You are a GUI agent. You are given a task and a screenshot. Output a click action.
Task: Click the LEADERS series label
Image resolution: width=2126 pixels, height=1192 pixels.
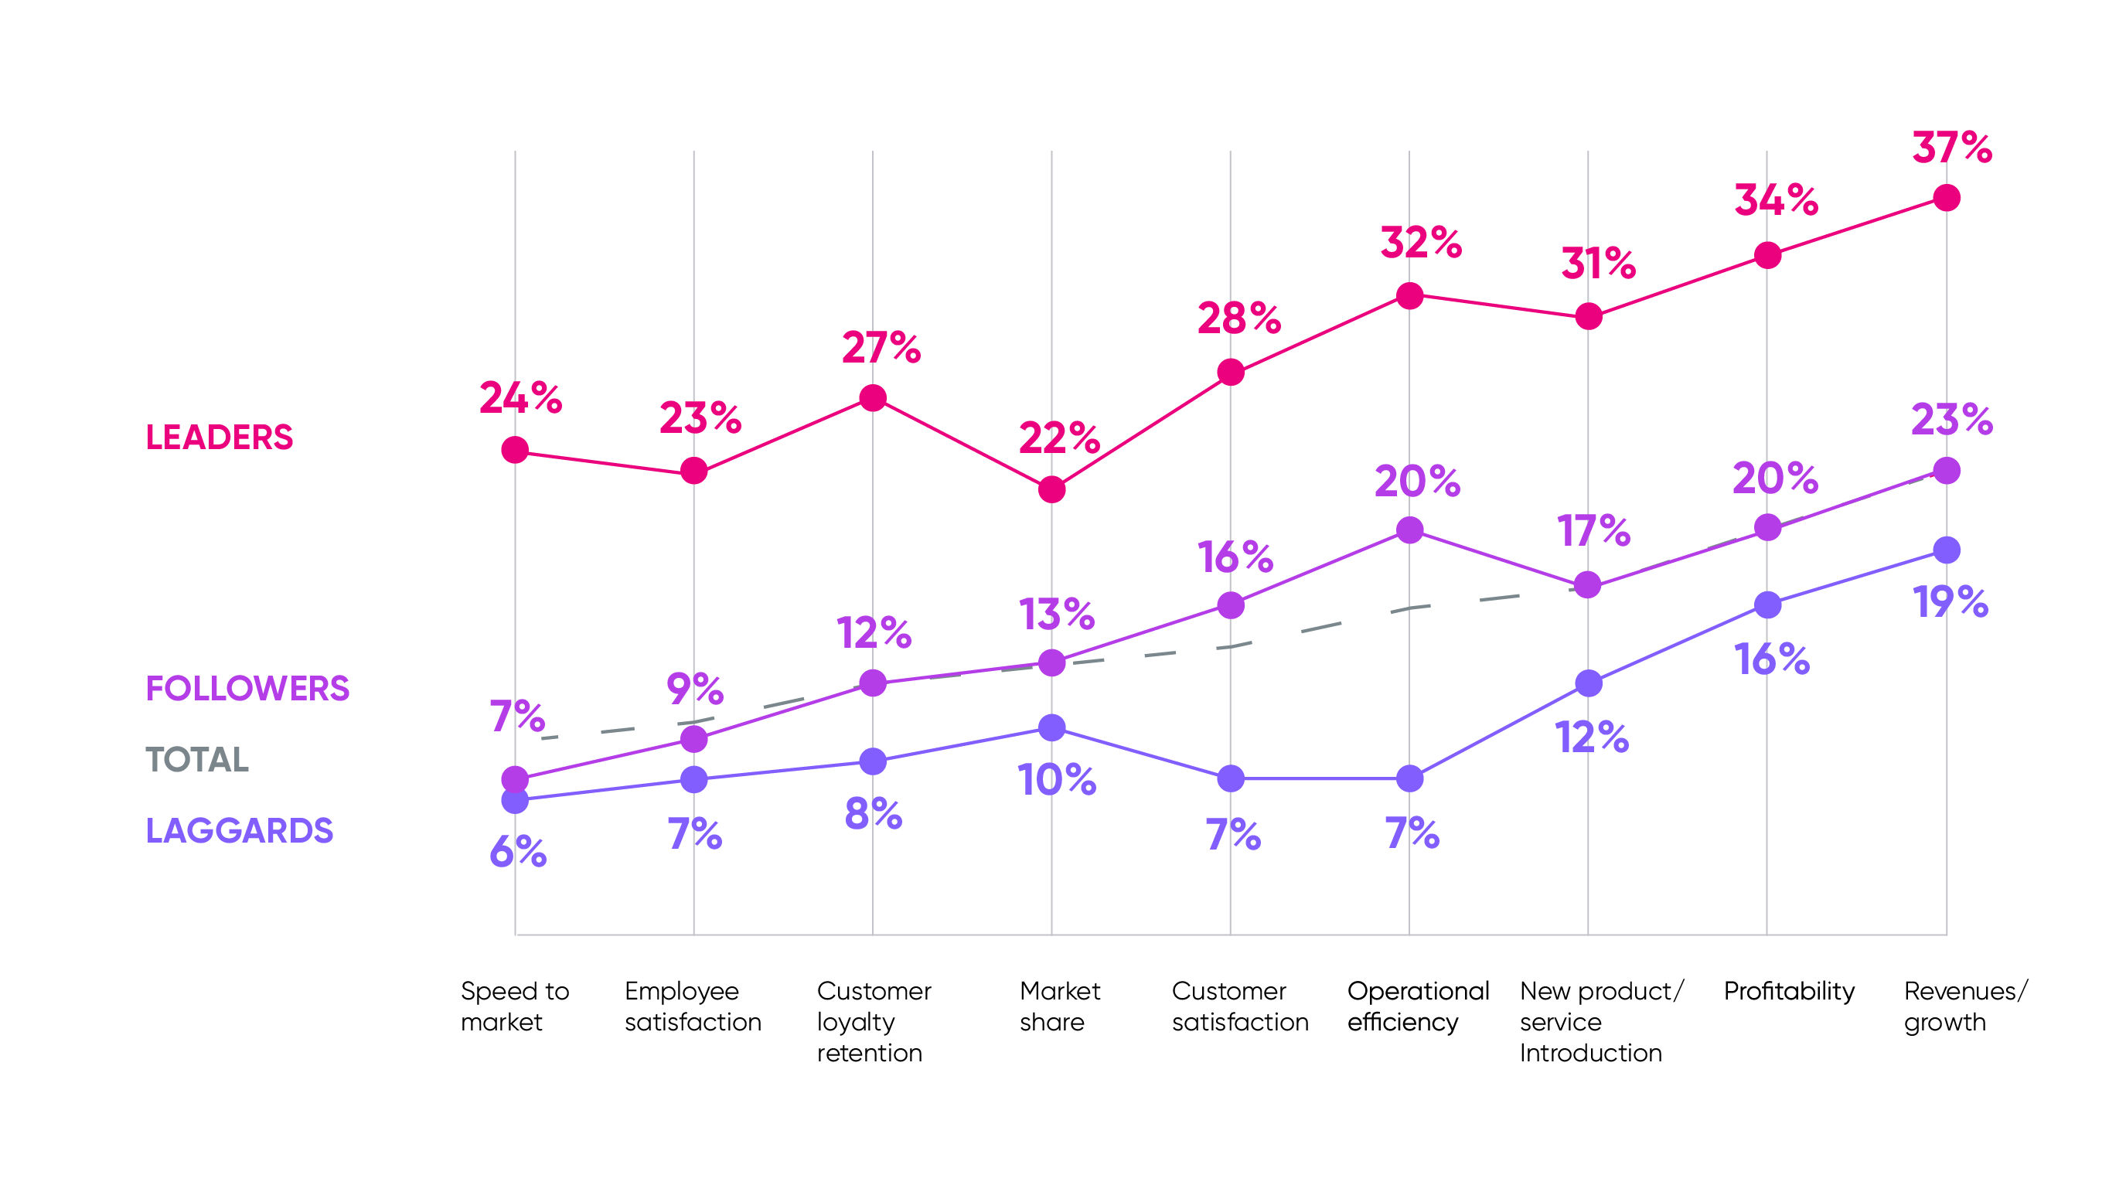coord(220,438)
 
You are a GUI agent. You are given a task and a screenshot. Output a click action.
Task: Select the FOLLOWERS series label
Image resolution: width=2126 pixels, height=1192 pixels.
coord(247,689)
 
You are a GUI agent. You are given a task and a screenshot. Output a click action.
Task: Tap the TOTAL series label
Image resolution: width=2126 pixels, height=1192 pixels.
coord(197,759)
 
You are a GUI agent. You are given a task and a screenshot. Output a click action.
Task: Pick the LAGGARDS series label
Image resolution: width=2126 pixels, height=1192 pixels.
coord(240,830)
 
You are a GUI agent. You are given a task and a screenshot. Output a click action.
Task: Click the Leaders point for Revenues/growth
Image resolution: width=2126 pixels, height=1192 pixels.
coord(1946,198)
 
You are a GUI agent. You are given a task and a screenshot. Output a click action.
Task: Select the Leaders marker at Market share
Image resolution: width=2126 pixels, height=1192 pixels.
coord(1051,489)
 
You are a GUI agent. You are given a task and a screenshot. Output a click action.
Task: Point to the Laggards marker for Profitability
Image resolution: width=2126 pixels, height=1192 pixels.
coord(1767,605)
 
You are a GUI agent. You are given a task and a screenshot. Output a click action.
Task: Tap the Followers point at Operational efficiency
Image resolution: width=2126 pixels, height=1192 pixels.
coord(1409,530)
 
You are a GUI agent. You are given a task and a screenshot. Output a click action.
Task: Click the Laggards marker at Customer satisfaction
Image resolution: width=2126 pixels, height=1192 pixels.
coord(1231,778)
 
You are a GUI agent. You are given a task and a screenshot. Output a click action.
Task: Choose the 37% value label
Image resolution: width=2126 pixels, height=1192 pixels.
coord(1951,148)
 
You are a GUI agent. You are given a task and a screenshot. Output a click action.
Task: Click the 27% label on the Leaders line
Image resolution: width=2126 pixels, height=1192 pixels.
coord(881,348)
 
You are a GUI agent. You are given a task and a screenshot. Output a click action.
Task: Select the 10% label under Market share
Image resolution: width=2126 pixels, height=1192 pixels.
coord(1056,780)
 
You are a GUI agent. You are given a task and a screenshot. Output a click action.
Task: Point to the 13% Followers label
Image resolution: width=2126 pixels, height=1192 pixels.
coord(1056,614)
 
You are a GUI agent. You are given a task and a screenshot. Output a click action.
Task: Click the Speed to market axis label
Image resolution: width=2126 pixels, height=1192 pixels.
coord(514,1006)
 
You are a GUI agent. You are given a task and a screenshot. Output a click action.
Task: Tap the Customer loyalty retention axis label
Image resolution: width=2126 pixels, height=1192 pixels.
coord(873,1021)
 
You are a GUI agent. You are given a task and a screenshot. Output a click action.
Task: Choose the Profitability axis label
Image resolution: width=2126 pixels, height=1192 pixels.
coord(1788,990)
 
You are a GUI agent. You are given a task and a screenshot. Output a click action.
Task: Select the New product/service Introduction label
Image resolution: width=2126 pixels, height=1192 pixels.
coord(1600,1021)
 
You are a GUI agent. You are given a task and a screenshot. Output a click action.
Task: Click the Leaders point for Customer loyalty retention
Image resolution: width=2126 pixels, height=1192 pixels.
coord(872,399)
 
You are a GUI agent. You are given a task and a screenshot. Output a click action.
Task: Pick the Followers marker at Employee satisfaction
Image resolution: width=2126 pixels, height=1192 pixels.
coord(694,739)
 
